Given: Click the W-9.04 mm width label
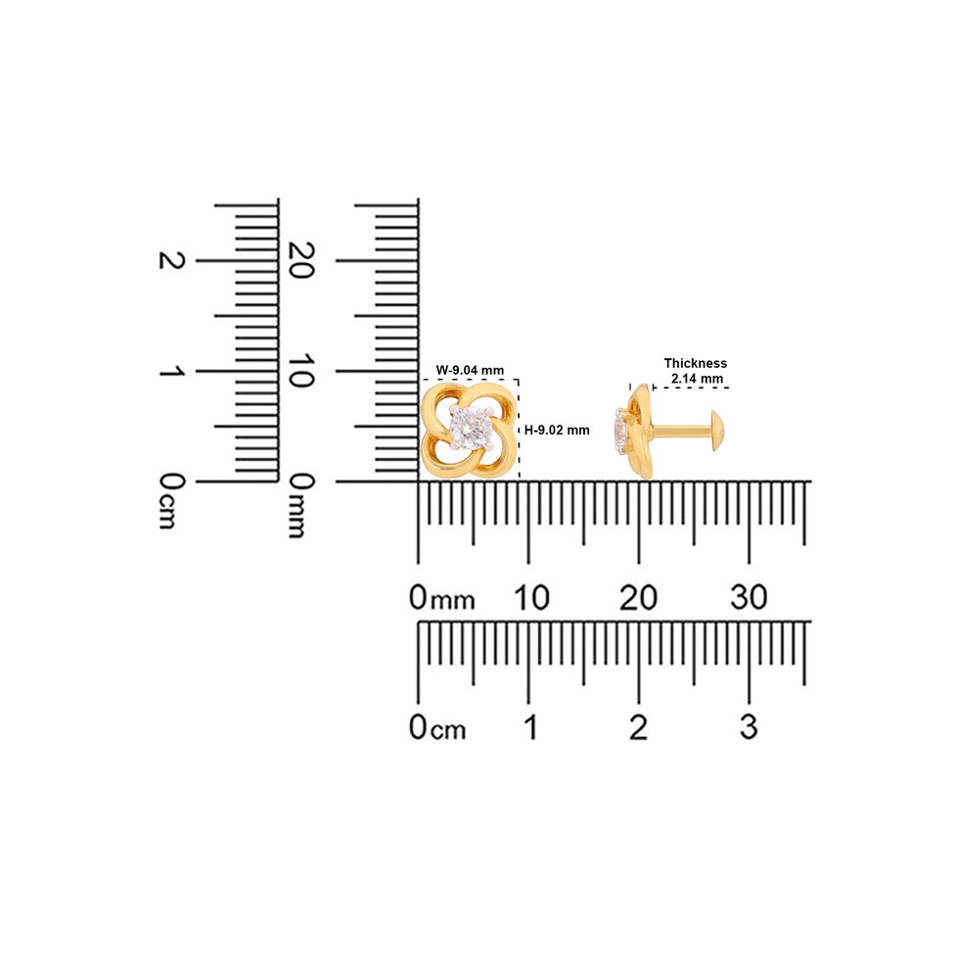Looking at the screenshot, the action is [x=470, y=370].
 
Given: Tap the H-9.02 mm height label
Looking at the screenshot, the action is [x=557, y=430].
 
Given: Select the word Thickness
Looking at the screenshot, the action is [x=695, y=363].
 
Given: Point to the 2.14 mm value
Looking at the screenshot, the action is [x=697, y=379].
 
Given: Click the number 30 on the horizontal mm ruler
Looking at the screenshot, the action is [x=749, y=598].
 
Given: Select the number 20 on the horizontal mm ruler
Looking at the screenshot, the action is [x=638, y=598].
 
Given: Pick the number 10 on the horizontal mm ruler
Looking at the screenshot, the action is [x=531, y=598].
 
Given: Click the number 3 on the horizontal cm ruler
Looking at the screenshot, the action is [x=749, y=727].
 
